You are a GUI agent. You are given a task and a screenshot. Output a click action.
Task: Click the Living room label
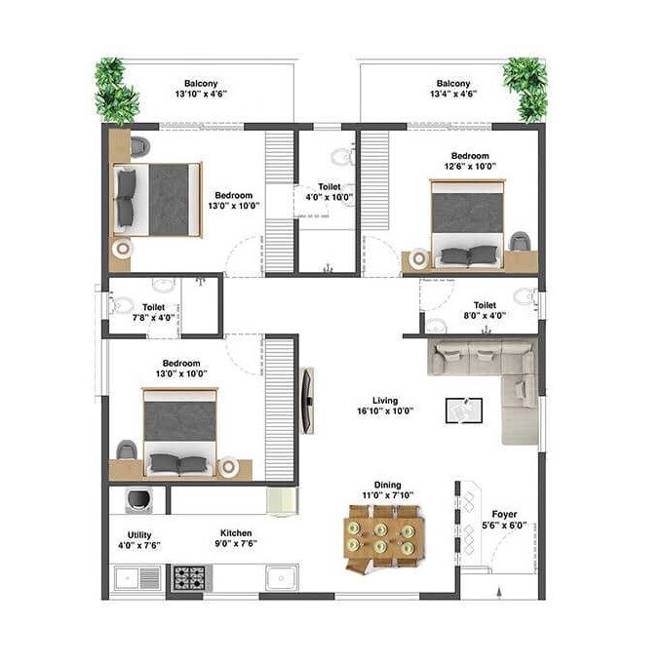pyautogui.click(x=384, y=406)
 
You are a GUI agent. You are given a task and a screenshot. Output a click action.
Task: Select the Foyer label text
pyautogui.click(x=504, y=519)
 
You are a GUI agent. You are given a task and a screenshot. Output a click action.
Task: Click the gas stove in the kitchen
pyautogui.click(x=188, y=577)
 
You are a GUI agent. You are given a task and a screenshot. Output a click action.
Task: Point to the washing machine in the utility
pyautogui.click(x=136, y=501)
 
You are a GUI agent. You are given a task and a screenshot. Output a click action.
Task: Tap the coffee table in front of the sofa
pyautogui.click(x=463, y=410)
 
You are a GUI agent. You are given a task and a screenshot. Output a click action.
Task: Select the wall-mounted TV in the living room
pyautogui.click(x=306, y=400)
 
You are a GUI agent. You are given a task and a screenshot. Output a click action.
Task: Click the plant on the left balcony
pyautogui.click(x=115, y=90)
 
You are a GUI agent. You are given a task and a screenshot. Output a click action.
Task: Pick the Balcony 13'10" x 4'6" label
pyautogui.click(x=200, y=89)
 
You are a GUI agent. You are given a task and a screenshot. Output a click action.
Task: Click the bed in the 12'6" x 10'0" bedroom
pyautogui.click(x=468, y=221)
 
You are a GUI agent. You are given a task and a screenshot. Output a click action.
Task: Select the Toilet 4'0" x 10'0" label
pyautogui.click(x=329, y=191)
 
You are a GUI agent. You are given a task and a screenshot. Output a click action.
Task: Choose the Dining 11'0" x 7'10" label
pyautogui.click(x=387, y=490)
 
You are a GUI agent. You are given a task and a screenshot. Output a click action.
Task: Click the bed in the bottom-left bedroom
pyautogui.click(x=179, y=430)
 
